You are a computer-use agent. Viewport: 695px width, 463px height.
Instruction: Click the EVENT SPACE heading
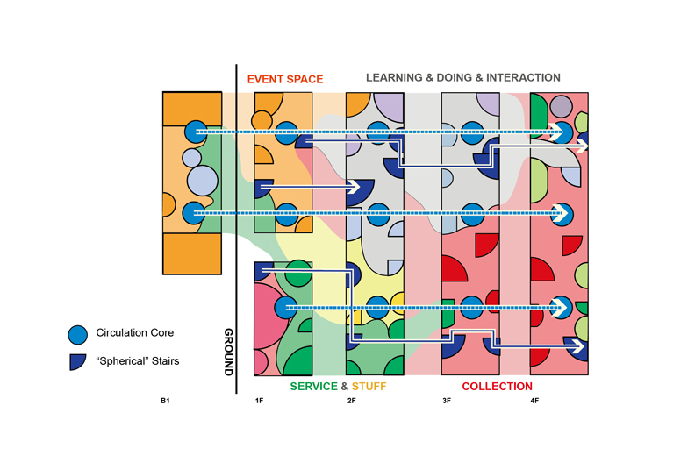tap(285, 79)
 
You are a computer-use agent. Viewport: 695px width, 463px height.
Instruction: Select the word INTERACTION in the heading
tap(523, 77)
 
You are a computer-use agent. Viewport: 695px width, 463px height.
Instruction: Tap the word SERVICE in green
tap(314, 387)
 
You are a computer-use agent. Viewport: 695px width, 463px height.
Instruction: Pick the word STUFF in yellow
tap(369, 387)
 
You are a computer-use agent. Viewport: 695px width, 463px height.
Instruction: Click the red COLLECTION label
tap(497, 387)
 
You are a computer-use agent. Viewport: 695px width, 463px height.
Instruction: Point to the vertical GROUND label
tap(228, 353)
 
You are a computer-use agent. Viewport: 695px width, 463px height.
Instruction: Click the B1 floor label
tap(165, 401)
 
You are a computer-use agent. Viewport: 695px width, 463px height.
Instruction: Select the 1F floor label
tap(259, 401)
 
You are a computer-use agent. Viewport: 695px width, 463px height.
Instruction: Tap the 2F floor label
tap(351, 401)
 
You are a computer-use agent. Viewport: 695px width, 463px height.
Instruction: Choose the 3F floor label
tap(447, 401)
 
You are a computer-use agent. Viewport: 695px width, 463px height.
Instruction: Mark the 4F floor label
tap(534, 401)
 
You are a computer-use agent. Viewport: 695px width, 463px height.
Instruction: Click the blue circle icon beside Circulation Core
tap(77, 335)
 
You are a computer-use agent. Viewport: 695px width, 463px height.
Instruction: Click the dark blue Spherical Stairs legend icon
tap(76, 361)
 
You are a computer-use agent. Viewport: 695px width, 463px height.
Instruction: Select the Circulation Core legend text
tap(135, 332)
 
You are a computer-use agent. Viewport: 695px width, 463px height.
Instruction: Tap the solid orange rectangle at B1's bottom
tap(192, 254)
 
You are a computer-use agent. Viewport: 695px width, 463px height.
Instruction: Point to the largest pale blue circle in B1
tap(203, 181)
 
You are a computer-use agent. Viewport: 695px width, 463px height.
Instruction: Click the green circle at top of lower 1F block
tap(298, 273)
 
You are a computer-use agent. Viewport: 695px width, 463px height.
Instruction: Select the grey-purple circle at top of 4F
tap(561, 107)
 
